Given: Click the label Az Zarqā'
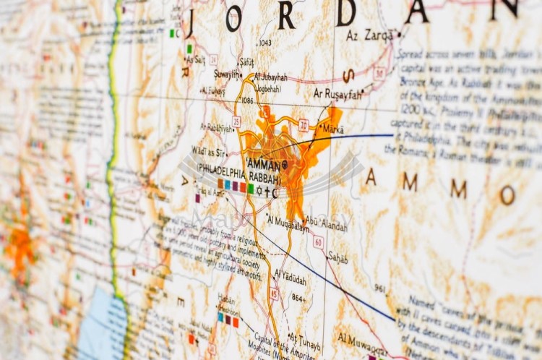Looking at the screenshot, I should [x=369, y=35].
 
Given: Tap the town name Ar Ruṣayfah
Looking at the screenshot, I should [x=337, y=93].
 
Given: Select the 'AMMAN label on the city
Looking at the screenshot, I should [x=264, y=164].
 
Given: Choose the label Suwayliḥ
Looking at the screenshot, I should [x=226, y=74].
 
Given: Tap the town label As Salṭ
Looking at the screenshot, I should [x=195, y=59].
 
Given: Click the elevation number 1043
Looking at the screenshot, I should [x=265, y=43].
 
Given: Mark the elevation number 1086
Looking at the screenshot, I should [x=249, y=100].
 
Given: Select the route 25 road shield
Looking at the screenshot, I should [x=236, y=121].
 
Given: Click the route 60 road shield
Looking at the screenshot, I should [x=318, y=241].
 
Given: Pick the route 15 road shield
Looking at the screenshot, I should [x=274, y=293].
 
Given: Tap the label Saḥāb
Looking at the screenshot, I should [x=337, y=258].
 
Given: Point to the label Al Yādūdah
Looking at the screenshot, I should [x=290, y=277].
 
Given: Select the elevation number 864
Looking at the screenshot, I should [x=297, y=297].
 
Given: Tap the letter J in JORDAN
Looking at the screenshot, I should [x=189, y=22].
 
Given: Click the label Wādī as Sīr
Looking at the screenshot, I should [x=209, y=151].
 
